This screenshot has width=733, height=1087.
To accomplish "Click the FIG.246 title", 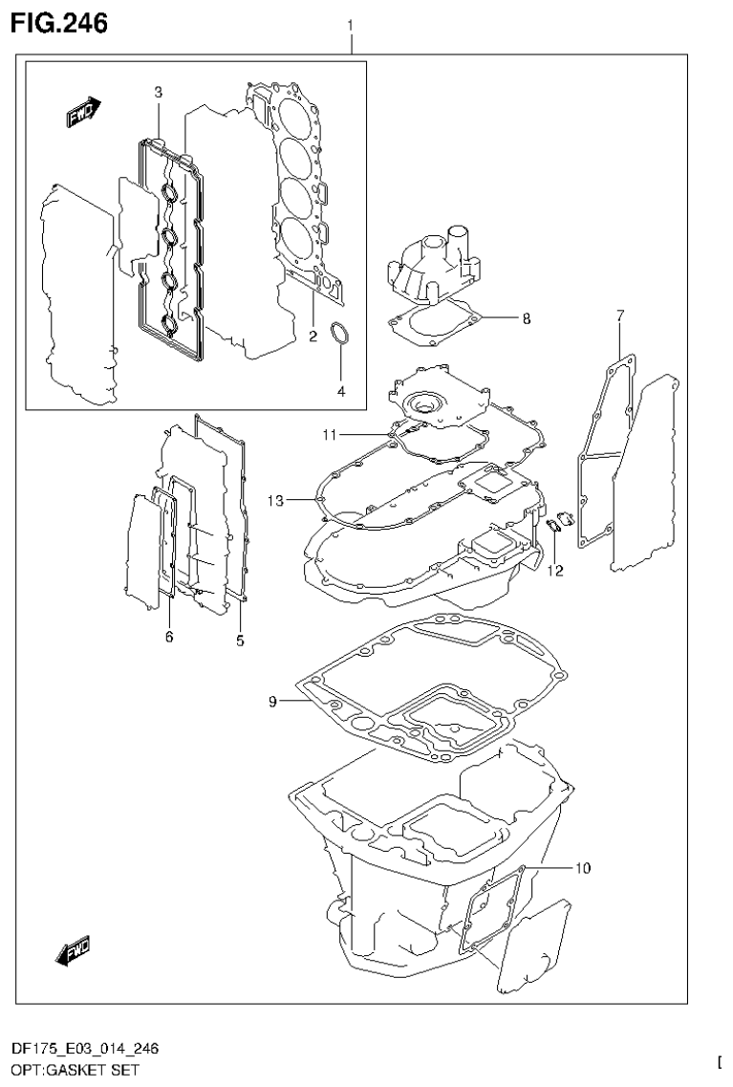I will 58,20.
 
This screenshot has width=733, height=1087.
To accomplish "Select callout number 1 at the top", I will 351,23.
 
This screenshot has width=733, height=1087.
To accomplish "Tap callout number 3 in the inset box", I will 159,92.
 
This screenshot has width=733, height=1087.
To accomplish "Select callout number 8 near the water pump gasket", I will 526,319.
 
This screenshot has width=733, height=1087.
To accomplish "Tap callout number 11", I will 329,435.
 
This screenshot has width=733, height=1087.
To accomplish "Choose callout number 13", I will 276,499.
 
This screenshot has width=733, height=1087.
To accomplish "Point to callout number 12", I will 554,571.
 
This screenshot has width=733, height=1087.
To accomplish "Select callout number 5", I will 240,640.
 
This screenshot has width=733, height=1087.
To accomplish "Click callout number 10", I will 582,869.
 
